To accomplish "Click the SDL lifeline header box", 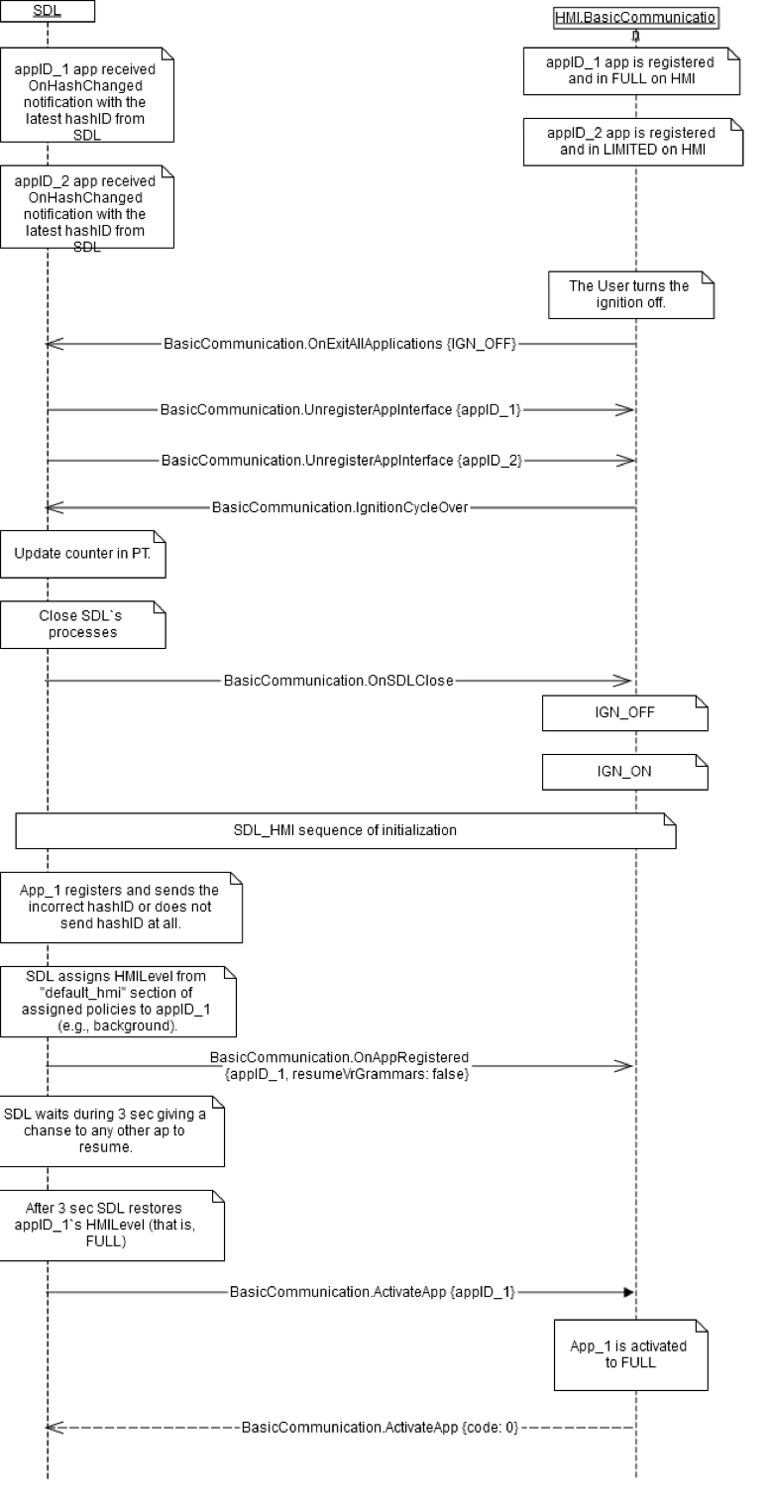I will tap(48, 11).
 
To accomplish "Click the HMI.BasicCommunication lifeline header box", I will tap(635, 17).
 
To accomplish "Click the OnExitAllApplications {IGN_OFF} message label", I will tap(341, 344).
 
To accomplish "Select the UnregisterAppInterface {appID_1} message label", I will tap(341, 409).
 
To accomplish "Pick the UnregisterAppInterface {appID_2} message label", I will tap(341, 460).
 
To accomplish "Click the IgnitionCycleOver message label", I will tap(340, 508).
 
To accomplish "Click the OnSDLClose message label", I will tap(339, 681).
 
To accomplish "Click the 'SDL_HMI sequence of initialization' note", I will tap(345, 830).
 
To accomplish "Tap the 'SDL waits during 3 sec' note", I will tap(111, 1129).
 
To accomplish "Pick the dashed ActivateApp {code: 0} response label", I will tap(381, 1428).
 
